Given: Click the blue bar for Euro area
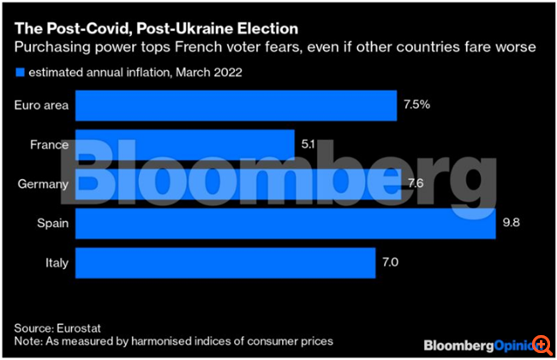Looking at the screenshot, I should click(x=236, y=107).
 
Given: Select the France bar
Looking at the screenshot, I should click(x=184, y=146).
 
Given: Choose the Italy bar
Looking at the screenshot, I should click(x=225, y=262).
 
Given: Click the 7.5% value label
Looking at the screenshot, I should click(x=416, y=107).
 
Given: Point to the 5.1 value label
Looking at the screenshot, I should click(x=309, y=146).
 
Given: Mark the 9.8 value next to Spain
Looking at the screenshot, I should click(x=511, y=224).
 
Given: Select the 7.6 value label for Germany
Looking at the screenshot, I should click(x=416, y=183).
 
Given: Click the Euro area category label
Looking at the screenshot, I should click(x=42, y=106).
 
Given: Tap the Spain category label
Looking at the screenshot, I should click(x=53, y=224).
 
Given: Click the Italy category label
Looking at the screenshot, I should click(x=57, y=262).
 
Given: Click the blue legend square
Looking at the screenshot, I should click(x=20, y=72).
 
